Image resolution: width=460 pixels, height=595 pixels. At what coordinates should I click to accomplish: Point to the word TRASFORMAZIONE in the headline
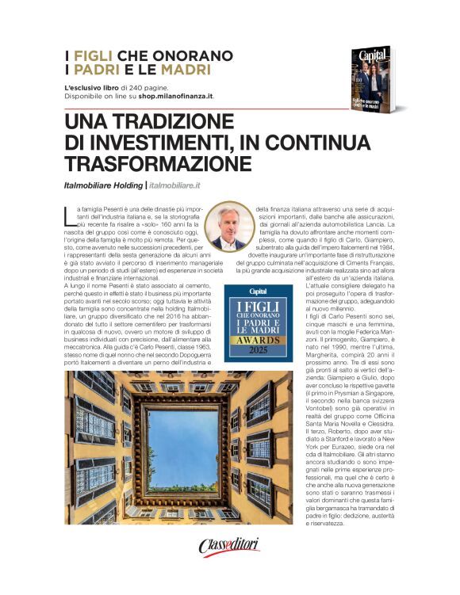(159, 163)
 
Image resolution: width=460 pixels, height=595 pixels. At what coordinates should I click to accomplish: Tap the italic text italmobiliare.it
(175, 185)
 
